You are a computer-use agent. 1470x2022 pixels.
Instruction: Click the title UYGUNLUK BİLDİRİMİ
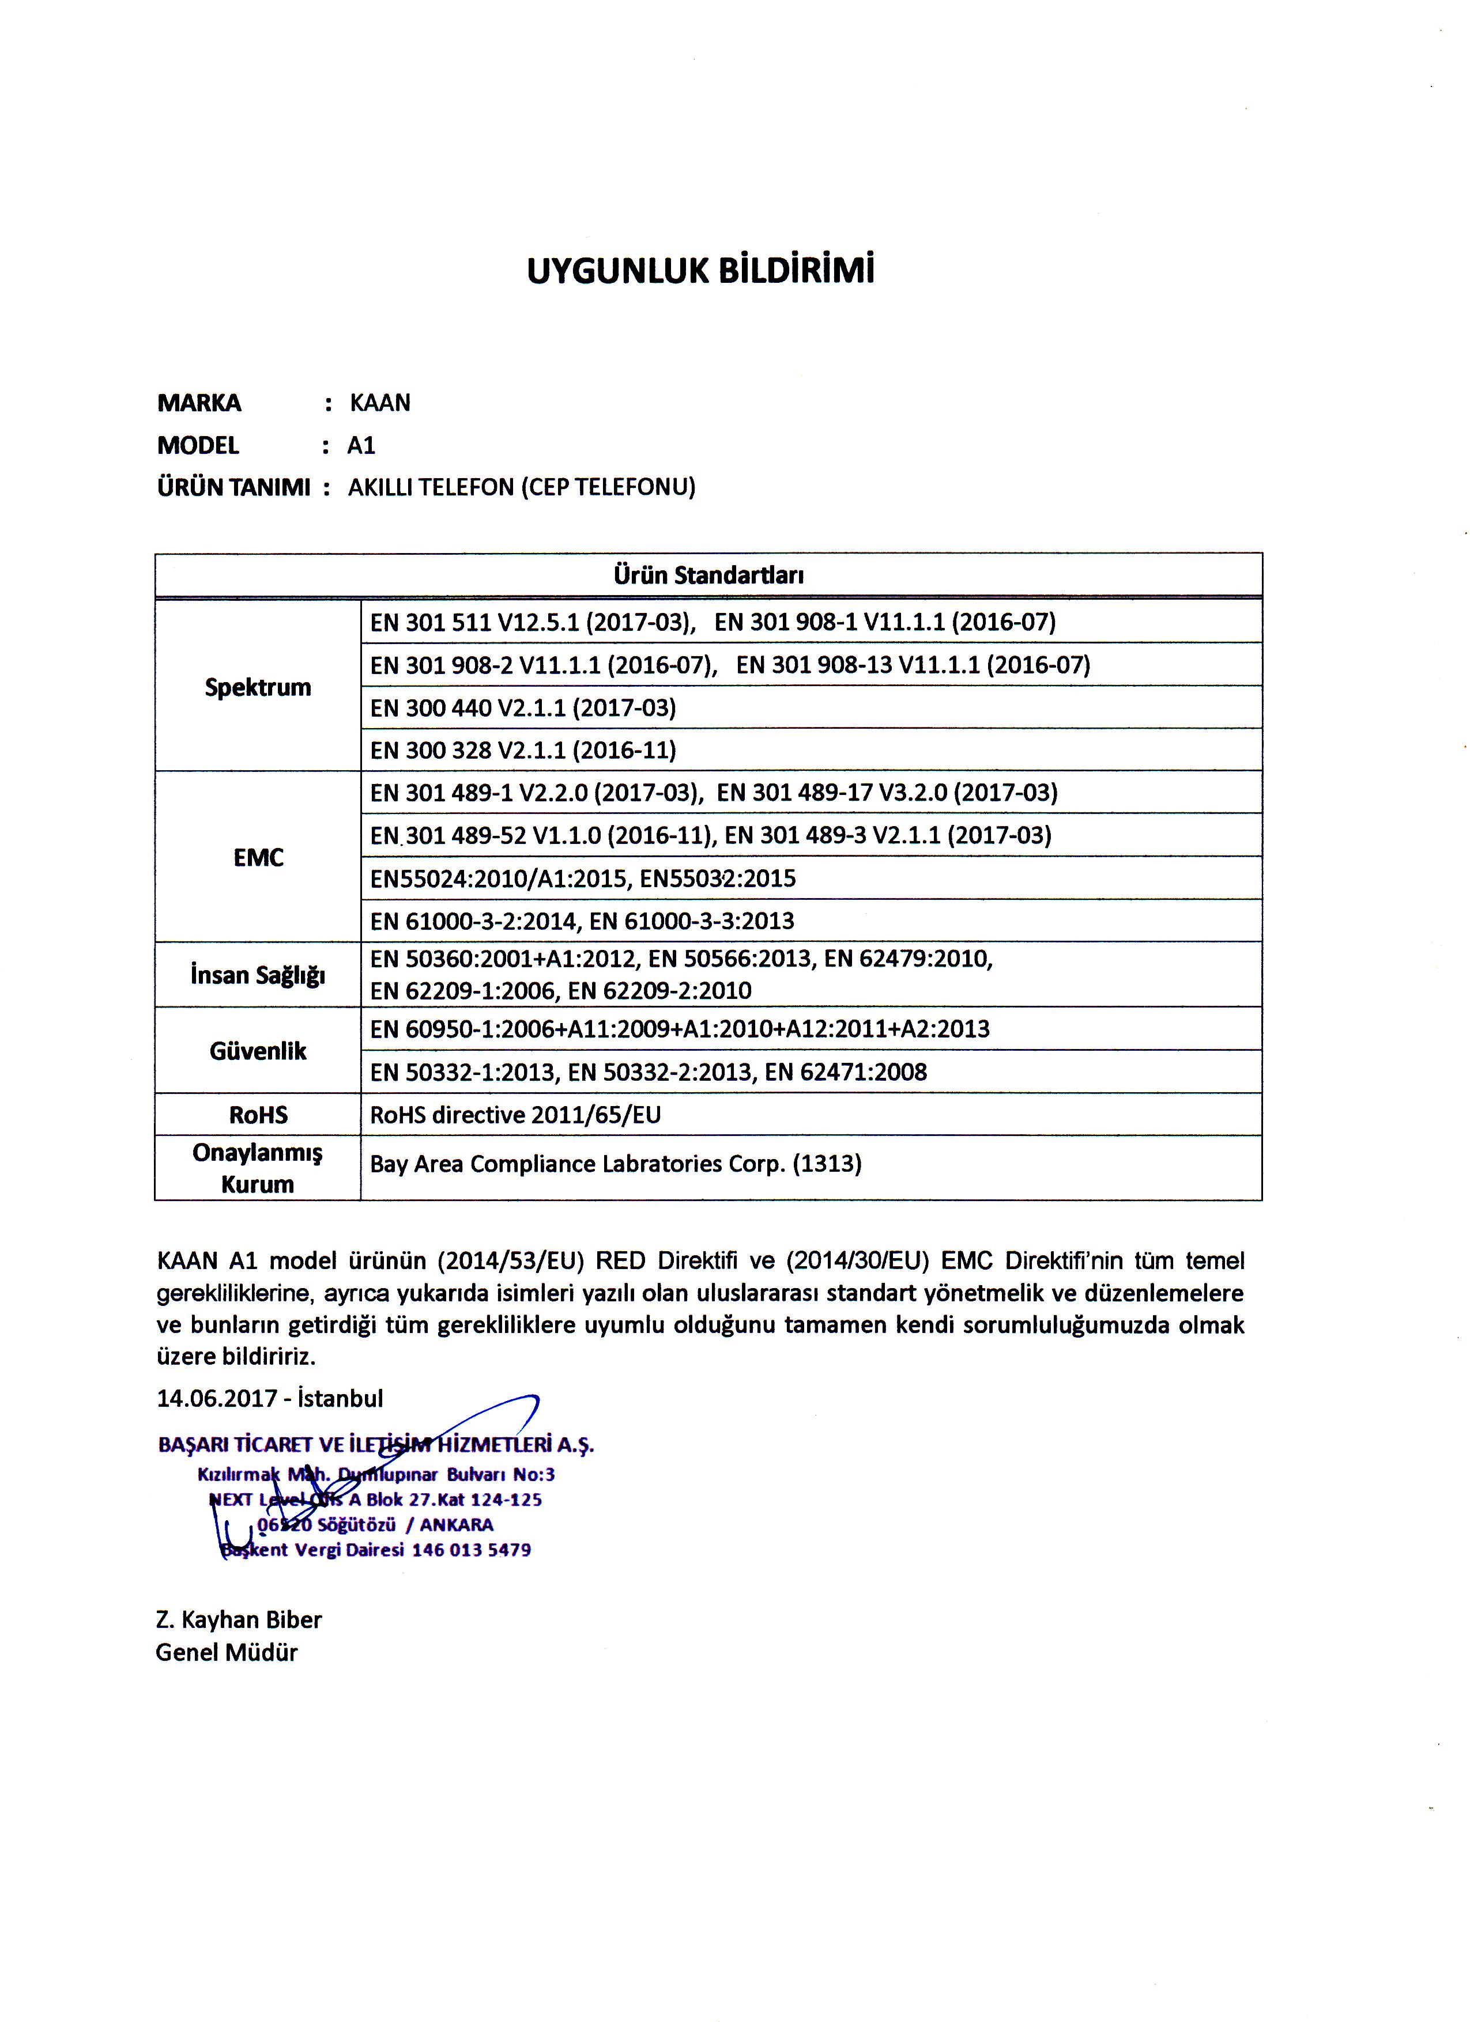[700, 270]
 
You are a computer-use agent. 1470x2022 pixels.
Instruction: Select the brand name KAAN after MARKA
[380, 403]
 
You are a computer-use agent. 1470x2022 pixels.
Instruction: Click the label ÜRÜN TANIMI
[233, 488]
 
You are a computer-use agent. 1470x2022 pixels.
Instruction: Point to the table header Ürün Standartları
[708, 575]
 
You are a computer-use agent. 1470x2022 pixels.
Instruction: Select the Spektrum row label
[258, 687]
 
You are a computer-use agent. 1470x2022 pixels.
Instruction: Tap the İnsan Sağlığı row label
[258, 975]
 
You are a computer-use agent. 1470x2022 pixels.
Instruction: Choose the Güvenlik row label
[258, 1050]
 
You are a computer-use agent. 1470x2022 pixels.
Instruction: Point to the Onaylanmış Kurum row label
[258, 1168]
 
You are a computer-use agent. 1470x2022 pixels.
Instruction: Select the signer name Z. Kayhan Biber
[238, 1619]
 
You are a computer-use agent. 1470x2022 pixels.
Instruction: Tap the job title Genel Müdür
[227, 1652]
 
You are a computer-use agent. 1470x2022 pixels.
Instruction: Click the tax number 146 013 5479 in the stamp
[471, 1550]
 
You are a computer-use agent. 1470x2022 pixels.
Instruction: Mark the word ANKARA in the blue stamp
[456, 1524]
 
